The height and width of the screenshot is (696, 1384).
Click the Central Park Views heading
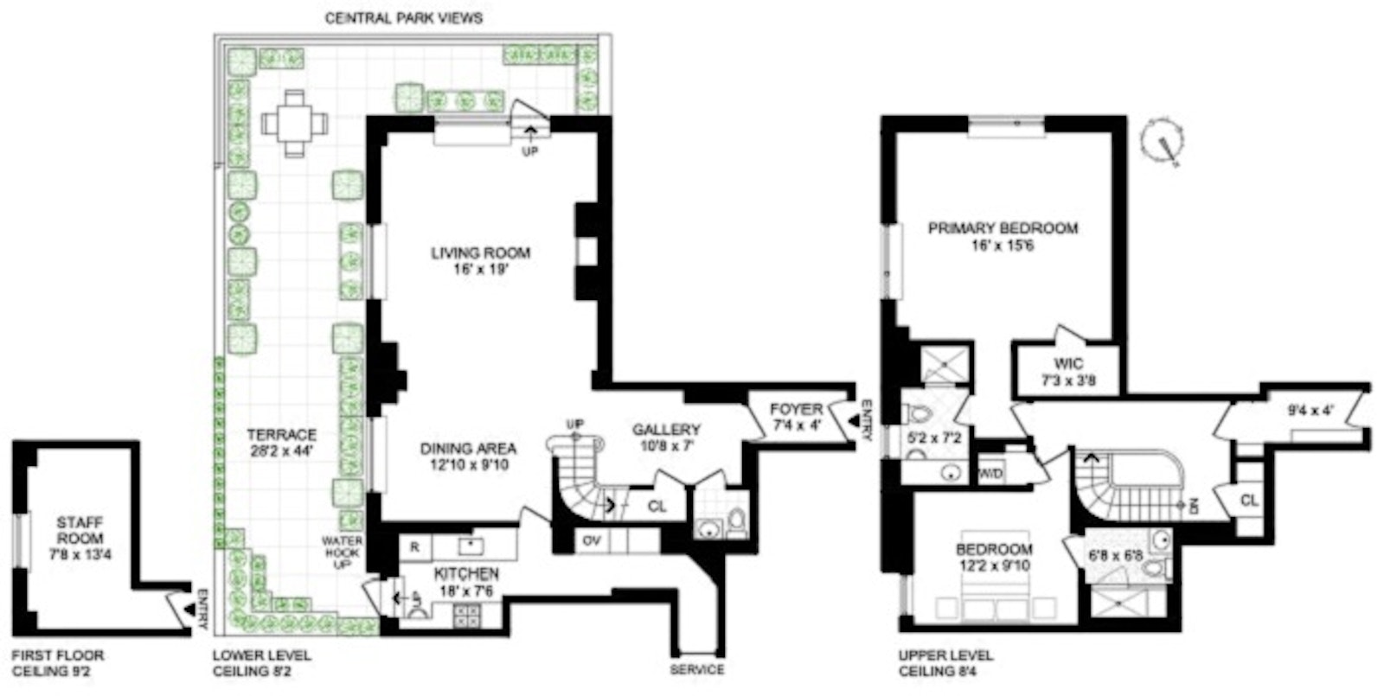click(403, 17)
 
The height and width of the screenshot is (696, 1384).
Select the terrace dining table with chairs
click(295, 124)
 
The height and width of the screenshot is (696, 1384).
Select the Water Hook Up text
click(343, 552)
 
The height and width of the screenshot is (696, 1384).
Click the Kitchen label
click(466, 573)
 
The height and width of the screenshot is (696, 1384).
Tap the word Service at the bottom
click(697, 670)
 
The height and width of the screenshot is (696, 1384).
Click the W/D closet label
click(990, 474)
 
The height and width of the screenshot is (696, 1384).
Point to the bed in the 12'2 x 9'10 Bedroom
click(996, 597)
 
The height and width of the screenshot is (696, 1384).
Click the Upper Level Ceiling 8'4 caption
click(945, 663)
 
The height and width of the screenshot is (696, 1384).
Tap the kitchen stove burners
click(467, 616)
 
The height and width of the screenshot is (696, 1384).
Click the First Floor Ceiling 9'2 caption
click(58, 663)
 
